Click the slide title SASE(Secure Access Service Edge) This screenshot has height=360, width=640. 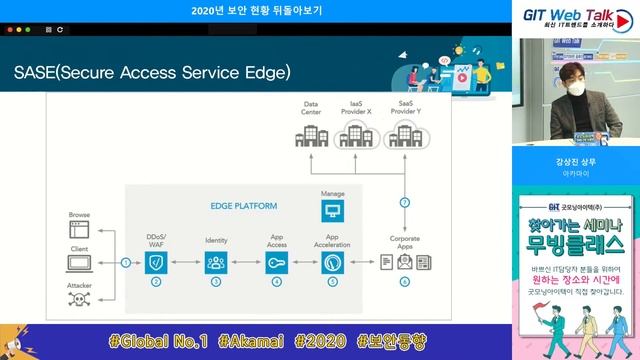152,73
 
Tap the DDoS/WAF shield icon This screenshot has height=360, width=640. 156,263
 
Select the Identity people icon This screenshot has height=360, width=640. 216,263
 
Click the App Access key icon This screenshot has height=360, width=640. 276,263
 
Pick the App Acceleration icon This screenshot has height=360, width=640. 333,263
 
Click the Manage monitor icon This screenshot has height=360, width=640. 333,210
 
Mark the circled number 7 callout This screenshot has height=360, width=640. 404,203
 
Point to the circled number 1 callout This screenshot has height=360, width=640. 125,263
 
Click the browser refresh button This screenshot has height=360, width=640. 60,30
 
